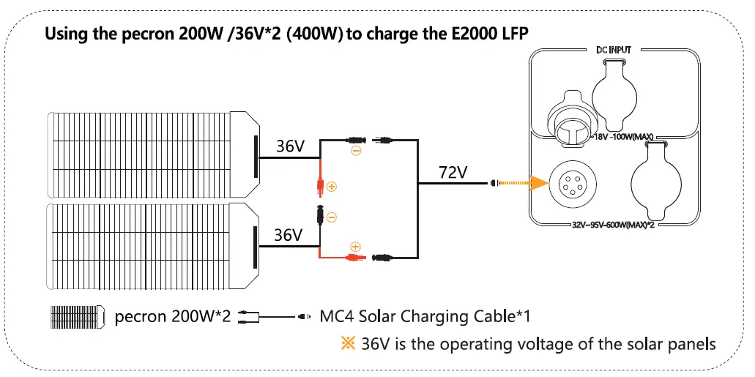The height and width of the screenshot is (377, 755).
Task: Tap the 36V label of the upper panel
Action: (x=290, y=146)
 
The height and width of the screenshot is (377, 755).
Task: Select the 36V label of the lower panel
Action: (x=288, y=236)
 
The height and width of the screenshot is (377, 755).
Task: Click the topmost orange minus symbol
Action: (x=356, y=151)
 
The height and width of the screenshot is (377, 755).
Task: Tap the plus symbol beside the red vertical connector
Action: (x=332, y=187)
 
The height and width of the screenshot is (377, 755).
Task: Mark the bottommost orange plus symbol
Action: (x=356, y=247)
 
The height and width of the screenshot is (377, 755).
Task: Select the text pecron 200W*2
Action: (x=173, y=317)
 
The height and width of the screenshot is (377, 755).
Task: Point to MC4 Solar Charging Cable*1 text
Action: (x=425, y=317)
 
